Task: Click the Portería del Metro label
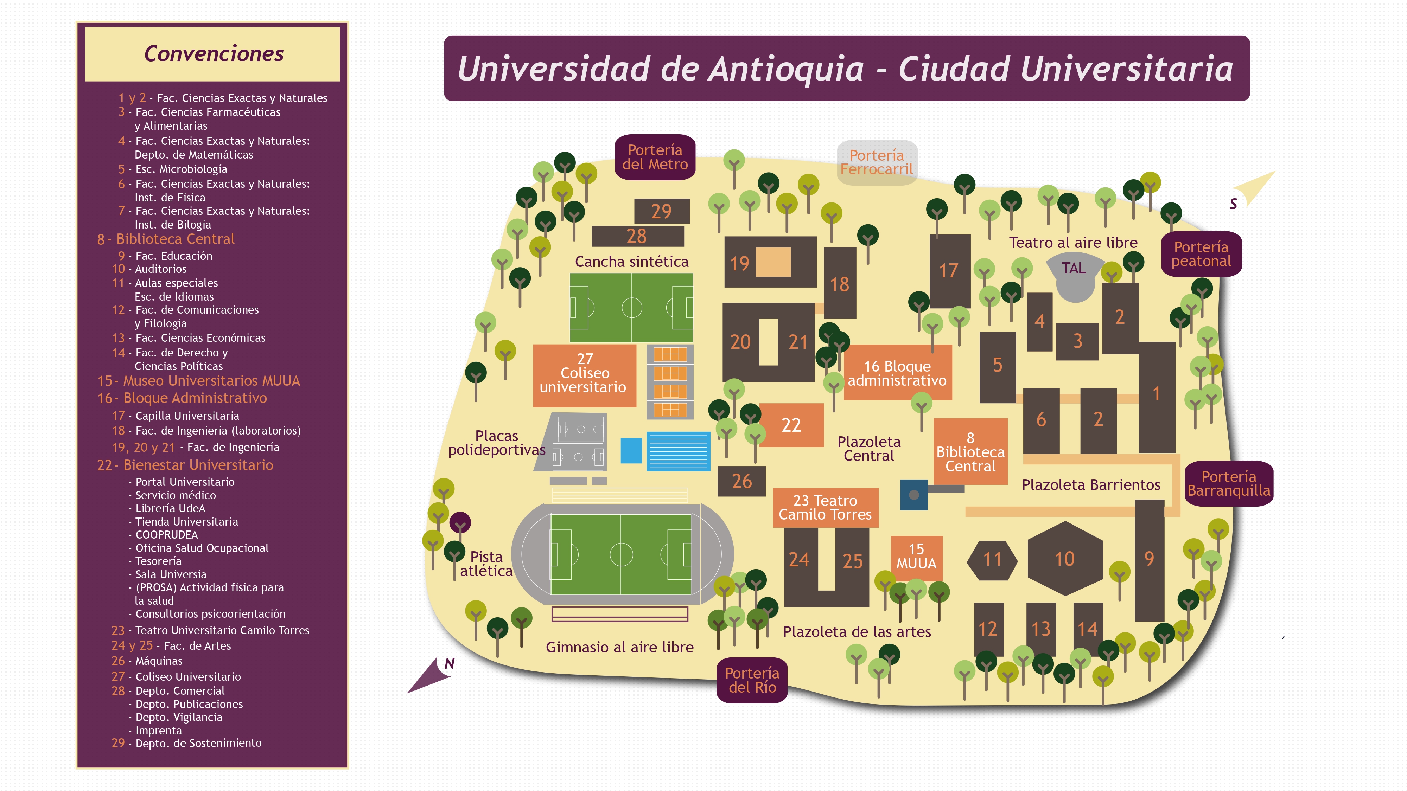pos(655,157)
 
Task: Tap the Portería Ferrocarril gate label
pos(877,162)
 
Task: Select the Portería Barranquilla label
pos(1228,484)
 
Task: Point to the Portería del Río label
pos(752,680)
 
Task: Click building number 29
pos(661,211)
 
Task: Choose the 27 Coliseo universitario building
pos(584,375)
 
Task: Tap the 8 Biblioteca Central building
pos(970,451)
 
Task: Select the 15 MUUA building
pos(917,557)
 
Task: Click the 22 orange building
pos(791,425)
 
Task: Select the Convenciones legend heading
pos(214,53)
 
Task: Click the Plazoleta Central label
pos(868,449)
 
